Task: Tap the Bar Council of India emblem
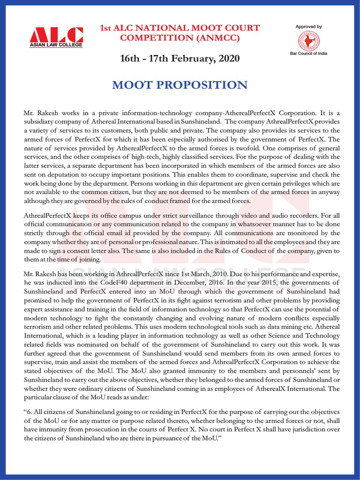pos(308,41)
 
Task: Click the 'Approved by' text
pos(308,27)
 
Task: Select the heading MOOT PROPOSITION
pos(180,85)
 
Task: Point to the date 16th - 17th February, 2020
pos(180,59)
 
